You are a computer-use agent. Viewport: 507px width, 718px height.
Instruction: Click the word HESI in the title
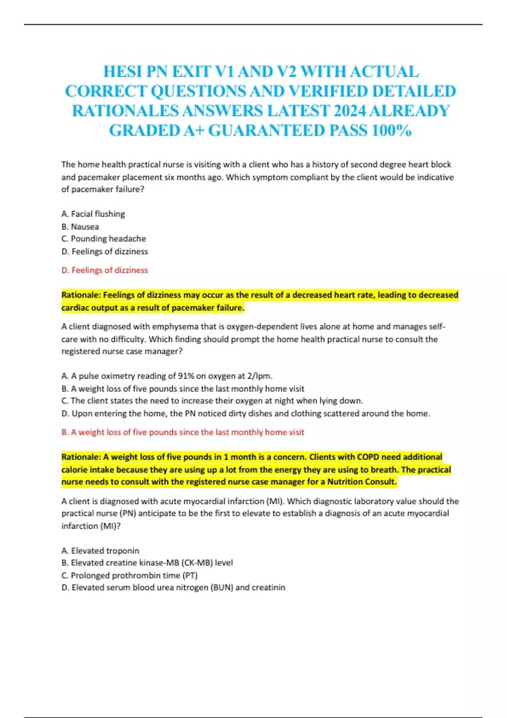tap(123, 72)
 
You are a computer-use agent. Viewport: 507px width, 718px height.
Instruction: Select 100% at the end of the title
tap(392, 131)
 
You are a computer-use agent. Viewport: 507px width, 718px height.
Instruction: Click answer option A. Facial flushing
tap(93, 214)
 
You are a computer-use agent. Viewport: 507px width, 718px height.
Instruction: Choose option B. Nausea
tap(80, 227)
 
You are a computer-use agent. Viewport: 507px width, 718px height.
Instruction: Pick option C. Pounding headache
tap(104, 239)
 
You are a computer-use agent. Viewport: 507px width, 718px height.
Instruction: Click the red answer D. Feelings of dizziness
tap(105, 270)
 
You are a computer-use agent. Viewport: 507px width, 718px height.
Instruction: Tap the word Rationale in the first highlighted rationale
tap(80, 295)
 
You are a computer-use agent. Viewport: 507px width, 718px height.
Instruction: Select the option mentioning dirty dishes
tap(245, 413)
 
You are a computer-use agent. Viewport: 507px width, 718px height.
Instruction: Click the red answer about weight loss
tap(183, 432)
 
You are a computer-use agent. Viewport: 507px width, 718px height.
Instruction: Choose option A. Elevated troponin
tap(100, 551)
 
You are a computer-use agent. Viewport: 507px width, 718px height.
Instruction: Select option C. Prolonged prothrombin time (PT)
tap(129, 575)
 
